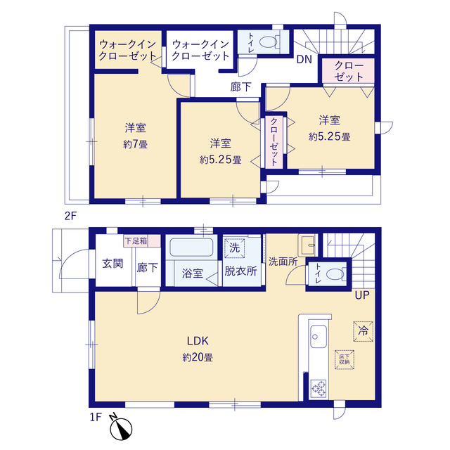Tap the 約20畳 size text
(x=198, y=356)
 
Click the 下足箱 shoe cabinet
(x=136, y=240)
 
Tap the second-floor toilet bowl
(x=266, y=42)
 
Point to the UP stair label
(x=362, y=295)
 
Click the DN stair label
(x=304, y=59)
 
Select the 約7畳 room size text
(x=136, y=145)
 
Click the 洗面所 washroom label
(x=283, y=259)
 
